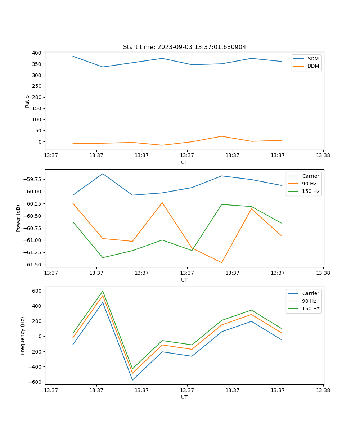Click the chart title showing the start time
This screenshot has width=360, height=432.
coord(184,47)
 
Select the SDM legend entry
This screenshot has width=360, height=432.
coord(313,59)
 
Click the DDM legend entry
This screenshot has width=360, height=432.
coord(313,66)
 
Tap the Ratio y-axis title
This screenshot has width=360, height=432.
coord(27,101)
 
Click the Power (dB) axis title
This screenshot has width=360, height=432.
coord(18,218)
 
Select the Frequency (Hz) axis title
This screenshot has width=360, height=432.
coord(23,336)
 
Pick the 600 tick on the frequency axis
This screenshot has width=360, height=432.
coord(38,291)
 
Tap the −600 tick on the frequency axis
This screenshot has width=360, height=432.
coord(37,382)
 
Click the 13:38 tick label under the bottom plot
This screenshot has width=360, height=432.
coord(323,390)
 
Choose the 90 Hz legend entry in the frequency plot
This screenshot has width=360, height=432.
coord(309,301)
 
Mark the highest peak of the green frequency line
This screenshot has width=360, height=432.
coord(103,291)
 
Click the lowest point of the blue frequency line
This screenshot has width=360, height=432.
coord(132,380)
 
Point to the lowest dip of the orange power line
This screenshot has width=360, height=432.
coord(221,262)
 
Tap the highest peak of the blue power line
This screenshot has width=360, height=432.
coord(103,174)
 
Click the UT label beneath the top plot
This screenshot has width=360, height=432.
coord(184,162)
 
